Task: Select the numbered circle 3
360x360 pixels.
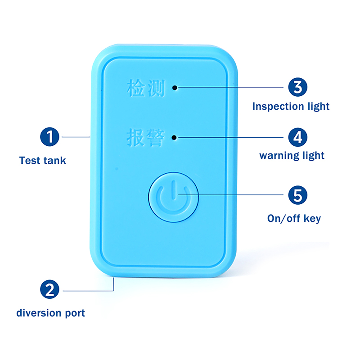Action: click(x=297, y=86)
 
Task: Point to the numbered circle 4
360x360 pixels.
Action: click(x=297, y=136)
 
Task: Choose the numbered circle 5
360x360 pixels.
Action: click(x=297, y=195)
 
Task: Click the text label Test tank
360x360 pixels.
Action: click(x=43, y=160)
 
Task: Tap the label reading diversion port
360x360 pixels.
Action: click(x=50, y=313)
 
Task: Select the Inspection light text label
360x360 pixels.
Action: click(x=291, y=107)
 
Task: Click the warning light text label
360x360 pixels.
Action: click(x=292, y=156)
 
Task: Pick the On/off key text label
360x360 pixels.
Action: click(x=294, y=219)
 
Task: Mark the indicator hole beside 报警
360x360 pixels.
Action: click(x=178, y=137)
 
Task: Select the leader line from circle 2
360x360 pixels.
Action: click(x=90, y=290)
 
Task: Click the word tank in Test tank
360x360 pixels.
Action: click(x=54, y=160)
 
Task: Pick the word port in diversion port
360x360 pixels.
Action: click(x=74, y=313)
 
